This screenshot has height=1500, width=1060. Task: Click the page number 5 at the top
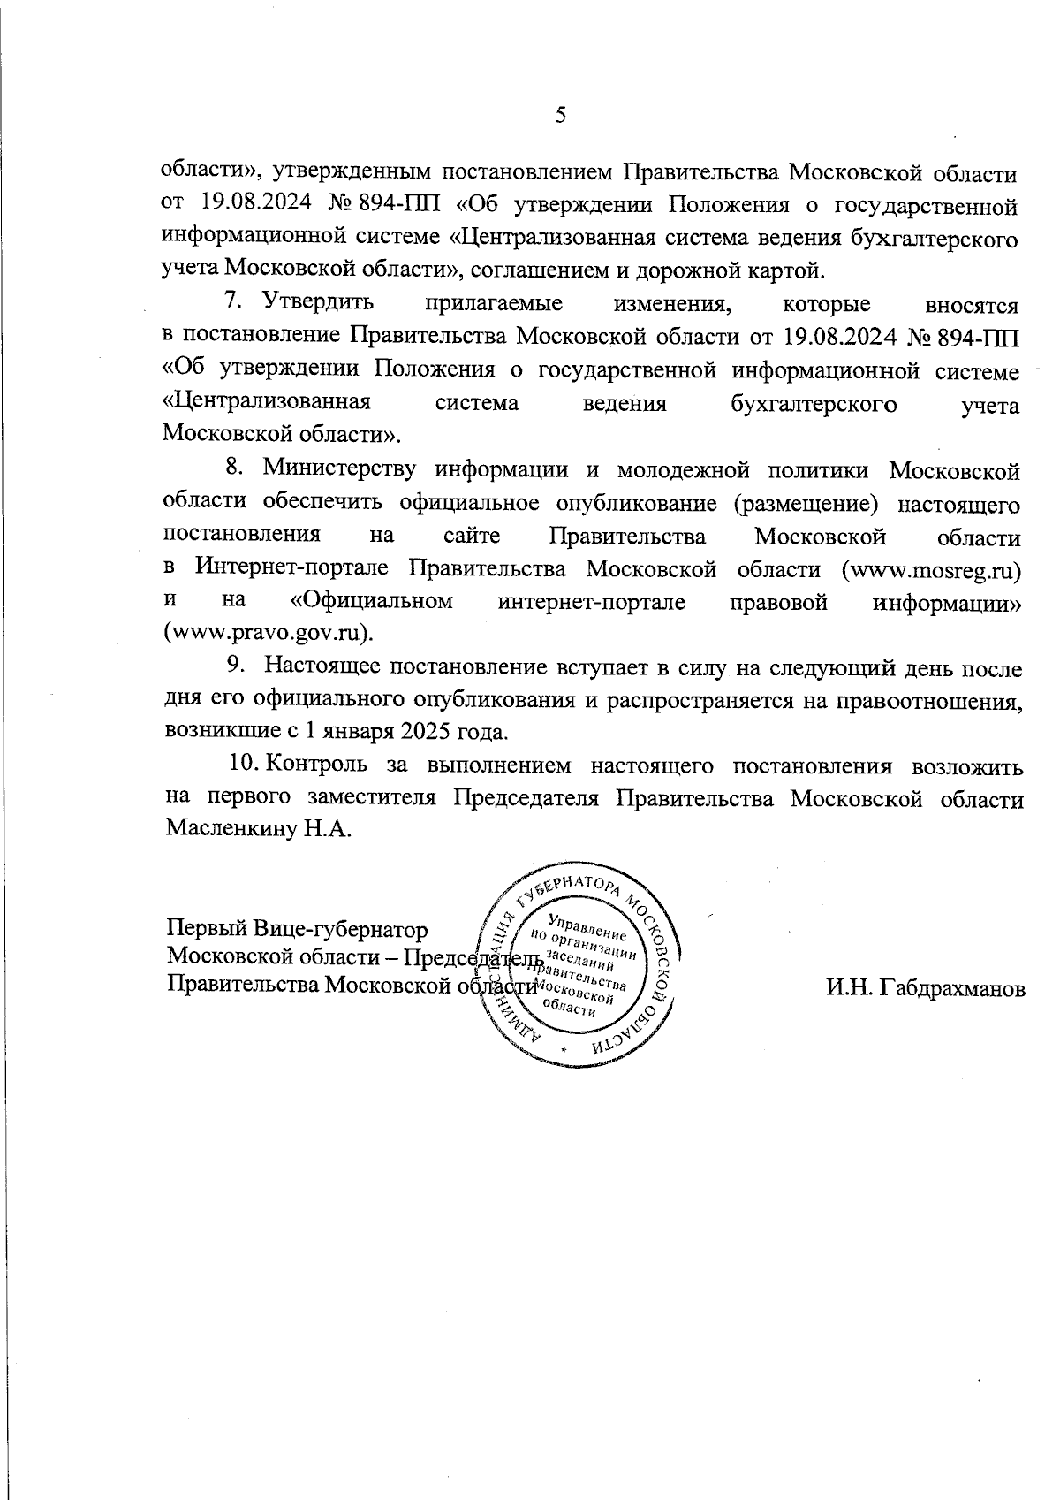pos(559,116)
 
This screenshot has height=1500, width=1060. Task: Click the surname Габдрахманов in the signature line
pos(925,989)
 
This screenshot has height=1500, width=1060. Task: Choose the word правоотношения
pos(931,700)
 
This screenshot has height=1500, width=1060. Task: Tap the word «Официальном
pos(372,601)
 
